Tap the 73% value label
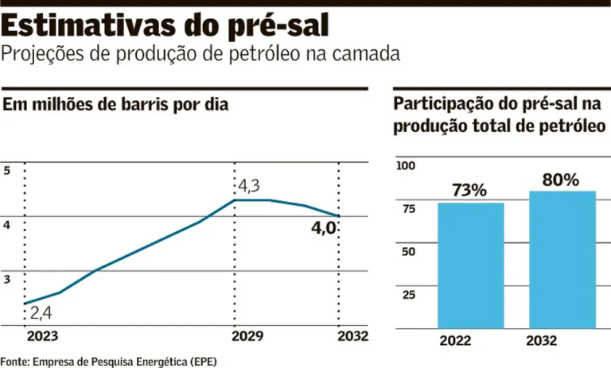pyautogui.click(x=469, y=191)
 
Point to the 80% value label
pyautogui.click(x=561, y=180)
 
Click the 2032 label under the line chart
pyautogui.click(x=353, y=336)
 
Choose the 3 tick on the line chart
pyautogui.click(x=7, y=279)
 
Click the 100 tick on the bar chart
pyautogui.click(x=406, y=165)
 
